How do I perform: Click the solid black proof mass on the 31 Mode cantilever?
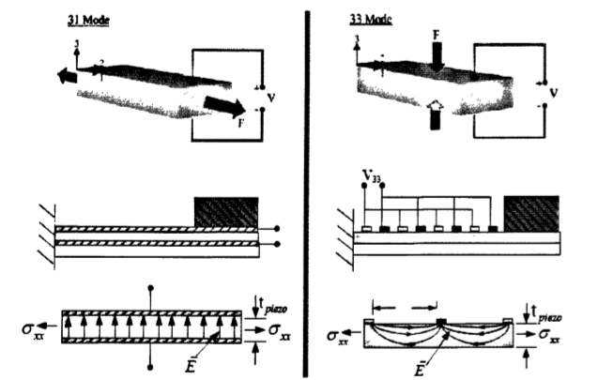pyautogui.click(x=225, y=210)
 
